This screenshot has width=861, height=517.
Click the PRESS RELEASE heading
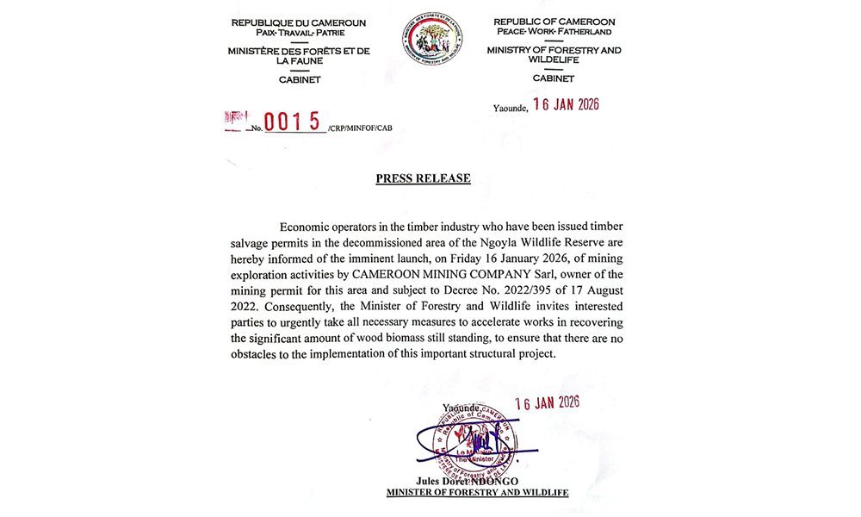tap(423, 178)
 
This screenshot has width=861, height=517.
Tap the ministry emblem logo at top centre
tap(431, 39)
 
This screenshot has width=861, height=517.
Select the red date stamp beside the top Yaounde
tap(566, 105)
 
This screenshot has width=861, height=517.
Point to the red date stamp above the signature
tap(547, 402)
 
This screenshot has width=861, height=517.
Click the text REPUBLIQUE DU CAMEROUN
tap(299, 22)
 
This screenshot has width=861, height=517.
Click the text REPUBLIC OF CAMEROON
tap(553, 22)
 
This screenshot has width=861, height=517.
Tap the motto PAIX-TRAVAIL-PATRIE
tap(299, 32)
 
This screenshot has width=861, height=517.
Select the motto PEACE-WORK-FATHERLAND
tap(553, 32)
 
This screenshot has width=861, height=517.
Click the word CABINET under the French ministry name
tap(299, 79)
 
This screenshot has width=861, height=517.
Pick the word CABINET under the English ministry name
tap(553, 78)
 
